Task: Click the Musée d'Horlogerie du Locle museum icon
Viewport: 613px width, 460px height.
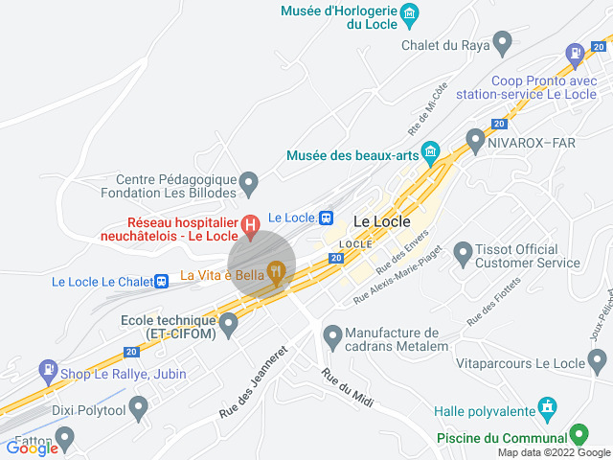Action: [410, 13]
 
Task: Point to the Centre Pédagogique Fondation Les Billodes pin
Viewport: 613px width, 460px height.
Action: [249, 181]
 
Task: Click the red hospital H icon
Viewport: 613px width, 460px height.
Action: [250, 227]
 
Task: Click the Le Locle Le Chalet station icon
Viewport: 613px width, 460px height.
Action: [163, 281]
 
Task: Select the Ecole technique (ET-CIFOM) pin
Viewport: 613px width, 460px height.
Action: [228, 326]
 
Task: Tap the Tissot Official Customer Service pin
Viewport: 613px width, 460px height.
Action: [463, 253]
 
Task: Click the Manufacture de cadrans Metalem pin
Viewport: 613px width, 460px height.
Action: [332, 336]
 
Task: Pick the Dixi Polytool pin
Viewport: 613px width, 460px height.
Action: [138, 409]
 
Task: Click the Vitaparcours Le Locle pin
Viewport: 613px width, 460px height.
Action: [597, 361]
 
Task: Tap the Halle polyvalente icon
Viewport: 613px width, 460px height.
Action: [546, 407]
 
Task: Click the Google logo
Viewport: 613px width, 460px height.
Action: [32, 448]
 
